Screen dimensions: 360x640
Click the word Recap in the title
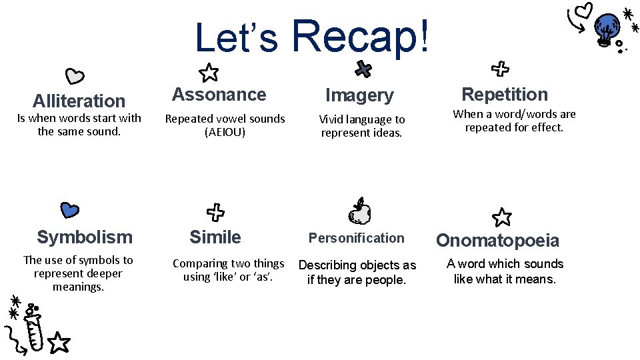click(x=361, y=37)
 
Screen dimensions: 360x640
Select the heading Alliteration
click(x=79, y=101)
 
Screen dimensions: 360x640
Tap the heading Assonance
click(x=219, y=95)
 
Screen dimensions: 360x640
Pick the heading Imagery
click(x=359, y=96)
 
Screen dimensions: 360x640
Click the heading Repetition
click(x=505, y=95)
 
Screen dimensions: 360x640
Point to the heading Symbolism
click(x=85, y=237)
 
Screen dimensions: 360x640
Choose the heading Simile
click(x=215, y=237)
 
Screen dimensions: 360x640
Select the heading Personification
click(x=356, y=238)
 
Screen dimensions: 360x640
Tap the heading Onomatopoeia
click(x=497, y=241)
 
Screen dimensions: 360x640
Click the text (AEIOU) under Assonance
click(x=225, y=132)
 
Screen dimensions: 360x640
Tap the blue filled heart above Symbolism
click(x=69, y=210)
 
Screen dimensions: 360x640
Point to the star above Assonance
click(x=209, y=72)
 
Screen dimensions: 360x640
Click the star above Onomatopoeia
click(x=501, y=217)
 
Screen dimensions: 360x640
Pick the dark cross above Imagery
click(x=363, y=68)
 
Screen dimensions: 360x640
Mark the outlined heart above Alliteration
click(x=75, y=76)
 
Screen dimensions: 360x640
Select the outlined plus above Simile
click(x=215, y=213)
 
